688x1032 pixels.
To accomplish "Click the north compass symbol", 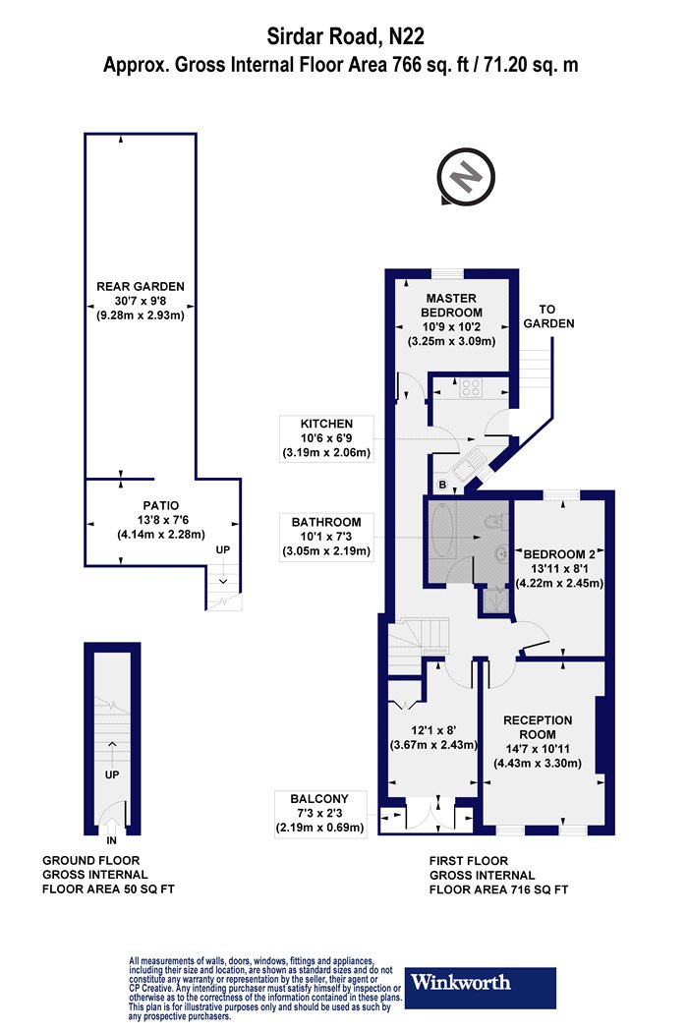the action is point(466,176).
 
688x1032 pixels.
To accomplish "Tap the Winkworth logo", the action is point(480,987).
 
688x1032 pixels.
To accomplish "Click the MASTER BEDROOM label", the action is point(452,306).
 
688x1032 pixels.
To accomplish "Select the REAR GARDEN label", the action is point(141,286).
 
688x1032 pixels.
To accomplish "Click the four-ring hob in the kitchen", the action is point(472,387).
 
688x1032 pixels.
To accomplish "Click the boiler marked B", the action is point(442,486).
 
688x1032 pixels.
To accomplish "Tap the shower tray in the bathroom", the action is point(495,601).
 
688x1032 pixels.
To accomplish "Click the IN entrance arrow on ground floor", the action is point(111,825).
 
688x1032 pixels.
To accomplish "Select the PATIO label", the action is point(160,505).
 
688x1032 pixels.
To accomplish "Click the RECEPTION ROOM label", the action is point(538,727).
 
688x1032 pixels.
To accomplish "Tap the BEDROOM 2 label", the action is point(559,554).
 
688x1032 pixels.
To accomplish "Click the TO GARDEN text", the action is point(548,316).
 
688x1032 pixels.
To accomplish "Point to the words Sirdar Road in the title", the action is point(322,36).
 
